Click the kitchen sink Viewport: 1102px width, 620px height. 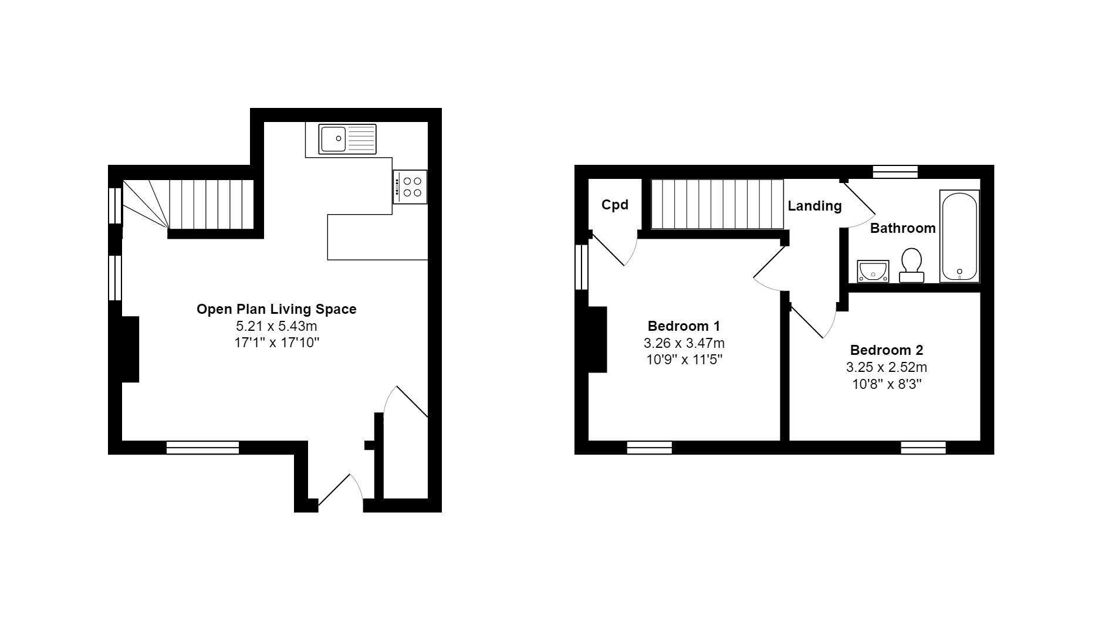pos(347,139)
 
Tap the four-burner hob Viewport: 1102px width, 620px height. pos(410,187)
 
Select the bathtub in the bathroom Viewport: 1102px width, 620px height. pos(959,236)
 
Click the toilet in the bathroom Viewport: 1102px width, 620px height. pos(911,265)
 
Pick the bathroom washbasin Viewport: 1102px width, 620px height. pos(873,272)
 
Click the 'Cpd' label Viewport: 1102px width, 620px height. pos(615,205)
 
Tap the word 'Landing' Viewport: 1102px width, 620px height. pos(814,206)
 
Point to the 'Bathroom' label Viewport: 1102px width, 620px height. pos(902,228)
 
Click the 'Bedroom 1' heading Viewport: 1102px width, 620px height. pos(684,326)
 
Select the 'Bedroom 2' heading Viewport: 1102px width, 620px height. pos(887,350)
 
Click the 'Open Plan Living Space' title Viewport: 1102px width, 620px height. pos(276,309)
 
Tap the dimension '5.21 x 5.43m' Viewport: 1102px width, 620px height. pos(276,326)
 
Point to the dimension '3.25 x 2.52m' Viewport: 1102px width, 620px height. pos(887,367)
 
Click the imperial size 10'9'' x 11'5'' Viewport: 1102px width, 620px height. pos(684,360)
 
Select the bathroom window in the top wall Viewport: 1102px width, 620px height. pos(895,171)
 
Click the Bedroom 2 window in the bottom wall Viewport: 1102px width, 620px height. pos(923,448)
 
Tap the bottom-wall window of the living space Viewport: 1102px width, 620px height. pos(202,448)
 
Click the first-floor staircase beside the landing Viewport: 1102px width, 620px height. pos(717,204)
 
